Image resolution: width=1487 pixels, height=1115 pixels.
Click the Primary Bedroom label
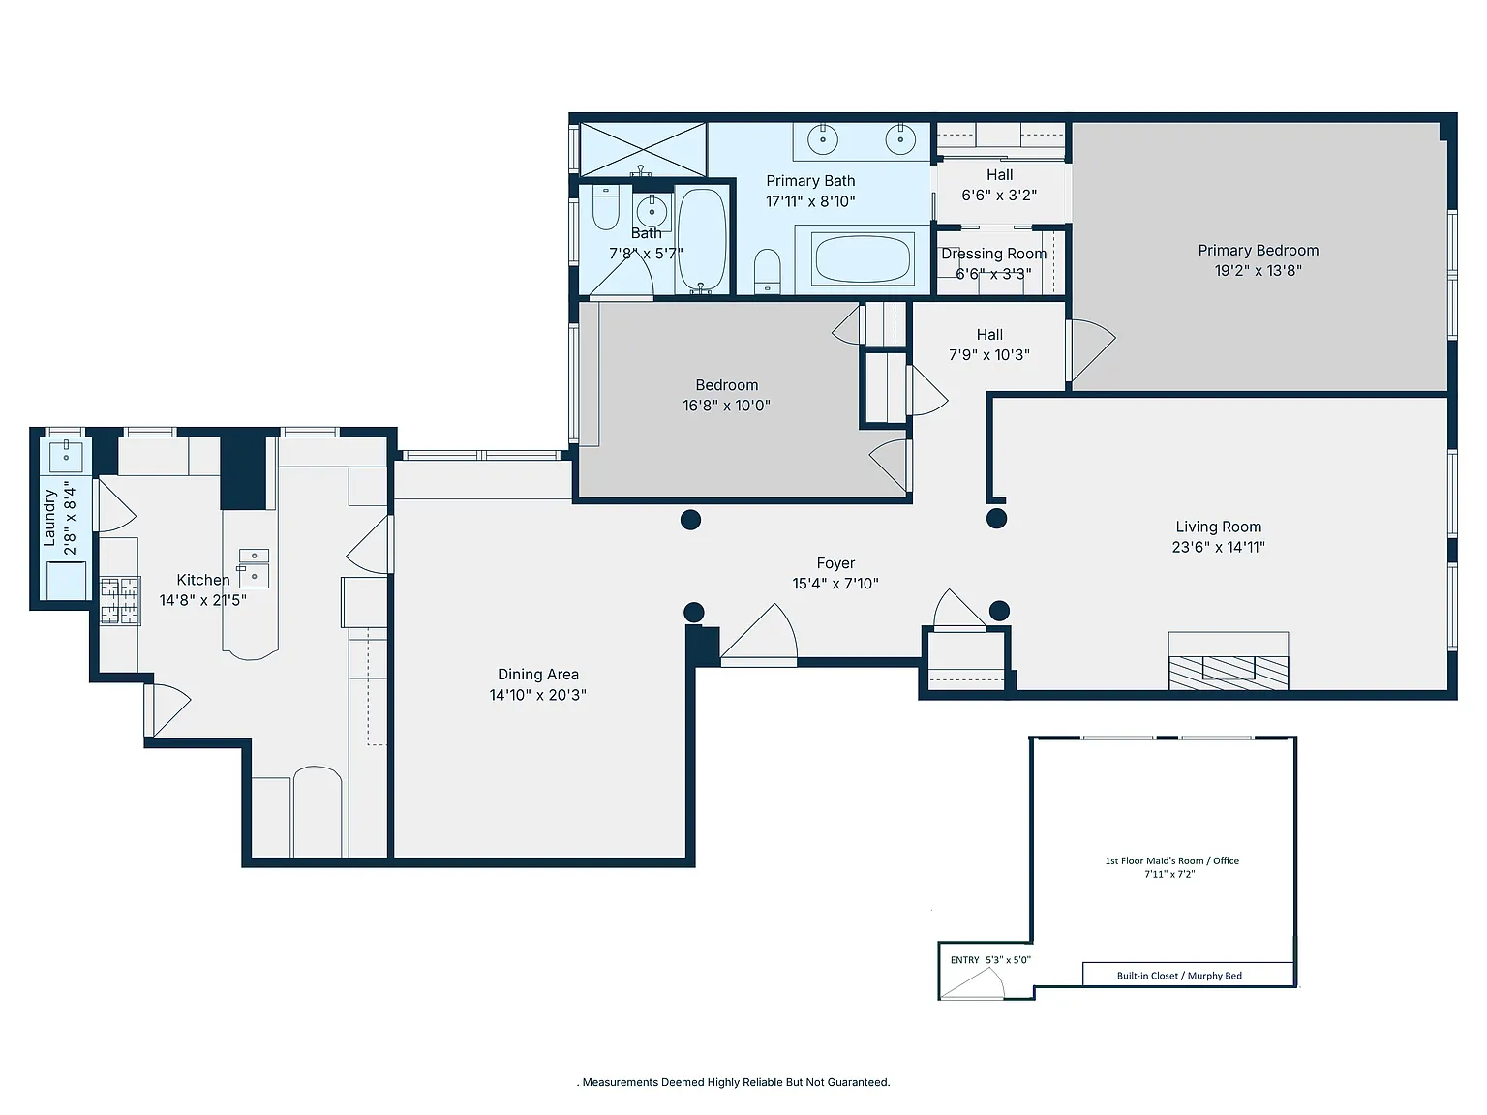coord(1258,251)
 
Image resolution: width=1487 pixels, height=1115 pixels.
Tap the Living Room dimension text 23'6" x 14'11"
coord(1218,547)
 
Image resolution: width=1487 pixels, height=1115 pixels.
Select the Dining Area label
coord(538,675)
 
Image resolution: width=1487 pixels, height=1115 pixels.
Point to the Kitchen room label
coord(202,580)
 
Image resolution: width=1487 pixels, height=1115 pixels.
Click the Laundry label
coord(49,518)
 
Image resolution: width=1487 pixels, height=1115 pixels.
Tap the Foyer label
coord(835,563)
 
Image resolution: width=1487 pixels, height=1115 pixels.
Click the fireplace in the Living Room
coord(1228,661)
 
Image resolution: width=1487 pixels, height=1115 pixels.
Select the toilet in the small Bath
coord(606,207)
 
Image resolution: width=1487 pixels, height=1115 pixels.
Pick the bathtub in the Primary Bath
coord(863,257)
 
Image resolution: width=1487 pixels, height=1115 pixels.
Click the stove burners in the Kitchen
coord(120,600)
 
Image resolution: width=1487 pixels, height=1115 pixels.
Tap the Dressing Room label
coord(993,254)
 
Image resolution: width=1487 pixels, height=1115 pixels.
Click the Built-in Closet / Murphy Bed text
coord(1179,976)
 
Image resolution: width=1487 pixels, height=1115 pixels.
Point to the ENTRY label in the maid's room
coord(964,960)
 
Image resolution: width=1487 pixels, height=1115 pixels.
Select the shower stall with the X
coord(643,149)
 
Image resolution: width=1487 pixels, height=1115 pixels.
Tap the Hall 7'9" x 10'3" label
coord(989,345)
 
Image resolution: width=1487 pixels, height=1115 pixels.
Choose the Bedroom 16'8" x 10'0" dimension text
coord(726,406)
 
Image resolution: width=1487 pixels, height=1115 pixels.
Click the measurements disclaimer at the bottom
coord(734,1082)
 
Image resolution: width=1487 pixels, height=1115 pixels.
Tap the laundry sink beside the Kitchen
coord(66,456)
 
